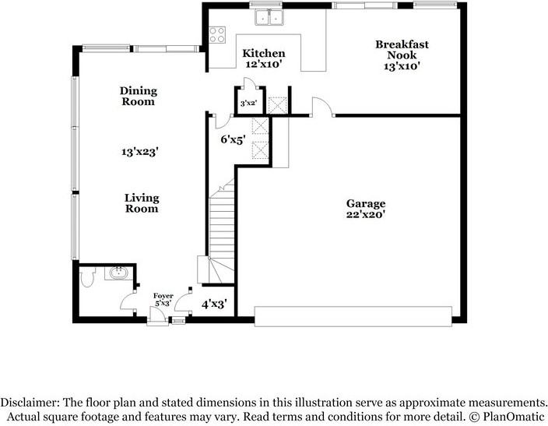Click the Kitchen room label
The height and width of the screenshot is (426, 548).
pos(258,53)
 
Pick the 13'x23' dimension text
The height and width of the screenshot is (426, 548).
pos(139,152)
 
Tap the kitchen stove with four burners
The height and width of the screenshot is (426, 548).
pos(217,35)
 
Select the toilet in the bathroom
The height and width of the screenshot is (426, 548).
pos(88,275)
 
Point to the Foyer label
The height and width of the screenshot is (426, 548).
pos(163,296)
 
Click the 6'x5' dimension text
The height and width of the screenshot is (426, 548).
pos(233,140)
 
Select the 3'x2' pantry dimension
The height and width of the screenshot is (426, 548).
pos(248,103)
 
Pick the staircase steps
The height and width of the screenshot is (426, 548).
pos(220,226)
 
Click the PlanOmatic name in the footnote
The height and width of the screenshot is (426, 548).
pos(511,417)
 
